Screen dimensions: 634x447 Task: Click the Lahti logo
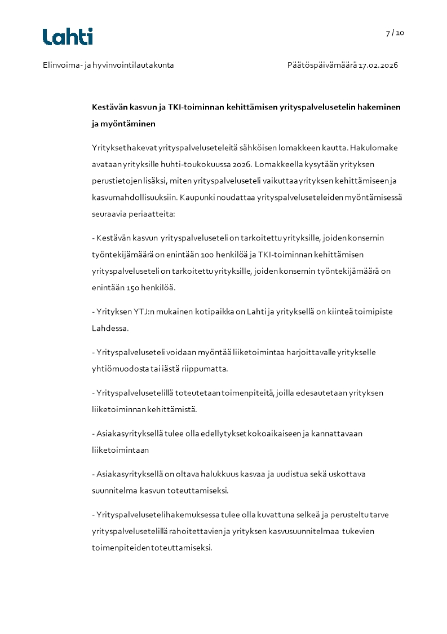point(68,37)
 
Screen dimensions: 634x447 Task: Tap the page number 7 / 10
point(395,33)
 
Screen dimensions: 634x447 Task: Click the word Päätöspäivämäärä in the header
point(321,65)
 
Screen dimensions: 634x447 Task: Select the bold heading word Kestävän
point(110,107)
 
